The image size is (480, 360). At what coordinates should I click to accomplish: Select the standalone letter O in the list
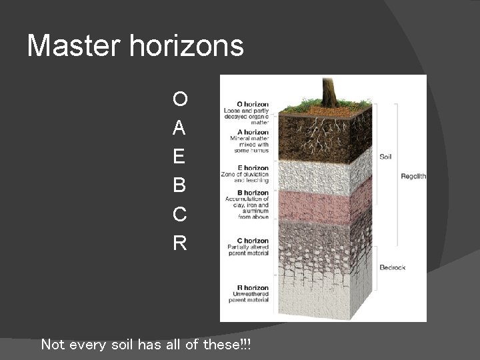[x=179, y=99]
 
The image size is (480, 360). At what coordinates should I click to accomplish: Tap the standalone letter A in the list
[x=179, y=128]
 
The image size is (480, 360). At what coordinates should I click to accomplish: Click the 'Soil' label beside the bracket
[x=385, y=157]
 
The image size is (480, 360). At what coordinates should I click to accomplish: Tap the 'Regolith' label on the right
[x=413, y=177]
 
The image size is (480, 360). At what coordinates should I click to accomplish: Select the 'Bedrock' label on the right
[x=392, y=267]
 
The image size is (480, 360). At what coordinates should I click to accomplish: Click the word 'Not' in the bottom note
[x=53, y=345]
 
